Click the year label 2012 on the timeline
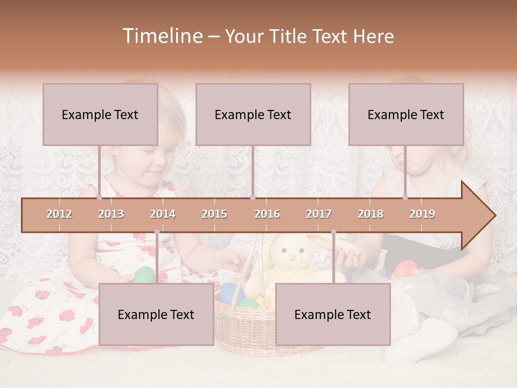click(59, 214)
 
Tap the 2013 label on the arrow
click(111, 214)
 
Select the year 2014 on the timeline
click(163, 214)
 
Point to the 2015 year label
click(214, 214)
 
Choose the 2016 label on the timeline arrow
click(267, 214)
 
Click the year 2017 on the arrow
click(319, 214)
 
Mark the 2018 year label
click(371, 214)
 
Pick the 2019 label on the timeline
click(422, 214)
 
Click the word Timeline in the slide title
click(162, 36)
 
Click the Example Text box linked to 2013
click(100, 114)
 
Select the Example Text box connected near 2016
click(253, 114)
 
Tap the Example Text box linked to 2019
click(406, 114)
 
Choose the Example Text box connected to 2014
click(156, 314)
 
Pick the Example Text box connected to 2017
click(333, 314)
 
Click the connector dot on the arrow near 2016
click(253, 198)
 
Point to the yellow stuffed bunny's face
click(291, 253)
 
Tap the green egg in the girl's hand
click(143, 275)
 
